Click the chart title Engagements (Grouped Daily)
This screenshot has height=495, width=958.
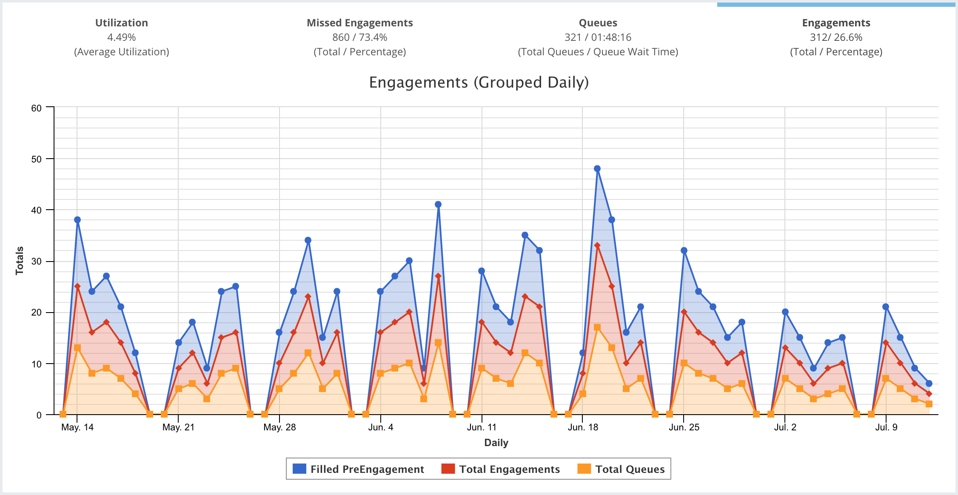[479, 82]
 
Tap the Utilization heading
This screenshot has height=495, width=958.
[121, 23]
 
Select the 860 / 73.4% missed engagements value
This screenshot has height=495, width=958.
[359, 37]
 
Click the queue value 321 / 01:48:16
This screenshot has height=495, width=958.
[598, 37]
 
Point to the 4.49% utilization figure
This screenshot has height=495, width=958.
[121, 37]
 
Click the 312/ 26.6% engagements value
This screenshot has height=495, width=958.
[836, 37]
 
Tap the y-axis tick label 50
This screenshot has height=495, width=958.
[37, 159]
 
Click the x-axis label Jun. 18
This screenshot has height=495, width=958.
[583, 427]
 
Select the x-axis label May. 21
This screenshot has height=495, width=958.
[178, 427]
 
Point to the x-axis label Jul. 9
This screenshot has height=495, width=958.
[886, 427]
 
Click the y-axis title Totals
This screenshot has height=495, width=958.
[20, 260]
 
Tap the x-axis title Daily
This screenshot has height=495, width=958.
[496, 443]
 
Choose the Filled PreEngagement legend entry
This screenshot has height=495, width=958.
[359, 469]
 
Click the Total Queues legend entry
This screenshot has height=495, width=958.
[621, 469]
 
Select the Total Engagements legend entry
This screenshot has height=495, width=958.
[501, 469]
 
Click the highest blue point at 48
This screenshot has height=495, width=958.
[597, 169]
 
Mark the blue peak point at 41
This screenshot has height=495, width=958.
[438, 205]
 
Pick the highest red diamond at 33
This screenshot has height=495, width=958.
[597, 245]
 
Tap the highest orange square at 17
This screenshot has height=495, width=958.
[597, 327]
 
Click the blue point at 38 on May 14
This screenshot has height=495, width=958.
[77, 220]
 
